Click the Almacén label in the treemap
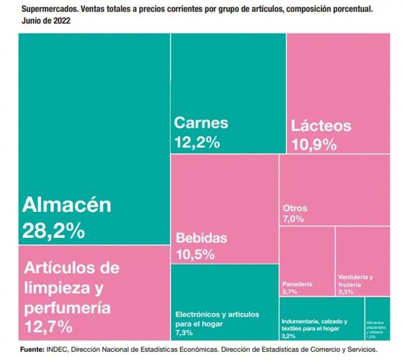click(x=66, y=204)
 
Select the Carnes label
click(x=201, y=122)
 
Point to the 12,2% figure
click(x=197, y=142)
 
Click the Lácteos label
click(x=321, y=126)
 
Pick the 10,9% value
click(x=314, y=144)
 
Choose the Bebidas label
click(x=202, y=238)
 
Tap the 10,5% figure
click(x=195, y=254)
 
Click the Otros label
click(x=294, y=208)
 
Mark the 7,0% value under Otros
click(x=293, y=219)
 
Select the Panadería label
click(x=297, y=284)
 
